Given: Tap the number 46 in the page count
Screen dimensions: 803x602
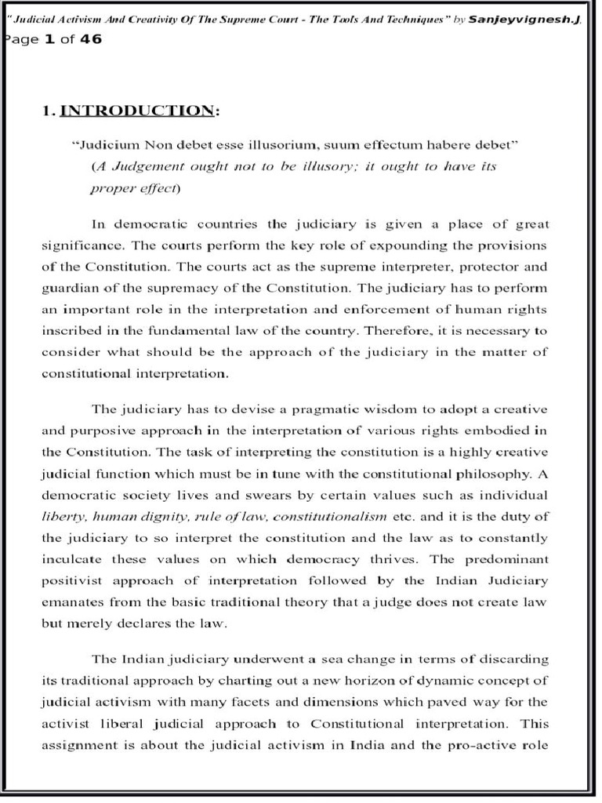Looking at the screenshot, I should [x=90, y=39].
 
